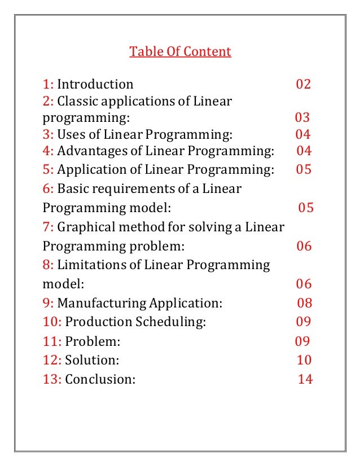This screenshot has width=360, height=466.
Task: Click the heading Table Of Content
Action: pyautogui.click(x=180, y=52)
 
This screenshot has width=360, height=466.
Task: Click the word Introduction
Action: pyautogui.click(x=95, y=85)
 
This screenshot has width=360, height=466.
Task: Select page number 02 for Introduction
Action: pyautogui.click(x=304, y=85)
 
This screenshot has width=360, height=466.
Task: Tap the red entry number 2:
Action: pyautogui.click(x=49, y=102)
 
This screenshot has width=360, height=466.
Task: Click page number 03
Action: pyautogui.click(x=302, y=118)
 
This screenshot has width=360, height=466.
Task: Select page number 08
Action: pyautogui.click(x=305, y=303)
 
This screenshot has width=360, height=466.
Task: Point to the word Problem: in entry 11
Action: pyautogui.click(x=93, y=341)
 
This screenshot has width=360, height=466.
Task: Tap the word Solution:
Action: pyautogui.click(x=92, y=360)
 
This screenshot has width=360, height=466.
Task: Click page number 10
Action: pyautogui.click(x=304, y=360)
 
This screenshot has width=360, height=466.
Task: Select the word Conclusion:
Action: pyautogui.click(x=100, y=379)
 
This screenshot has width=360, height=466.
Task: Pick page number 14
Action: pyautogui.click(x=305, y=379)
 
